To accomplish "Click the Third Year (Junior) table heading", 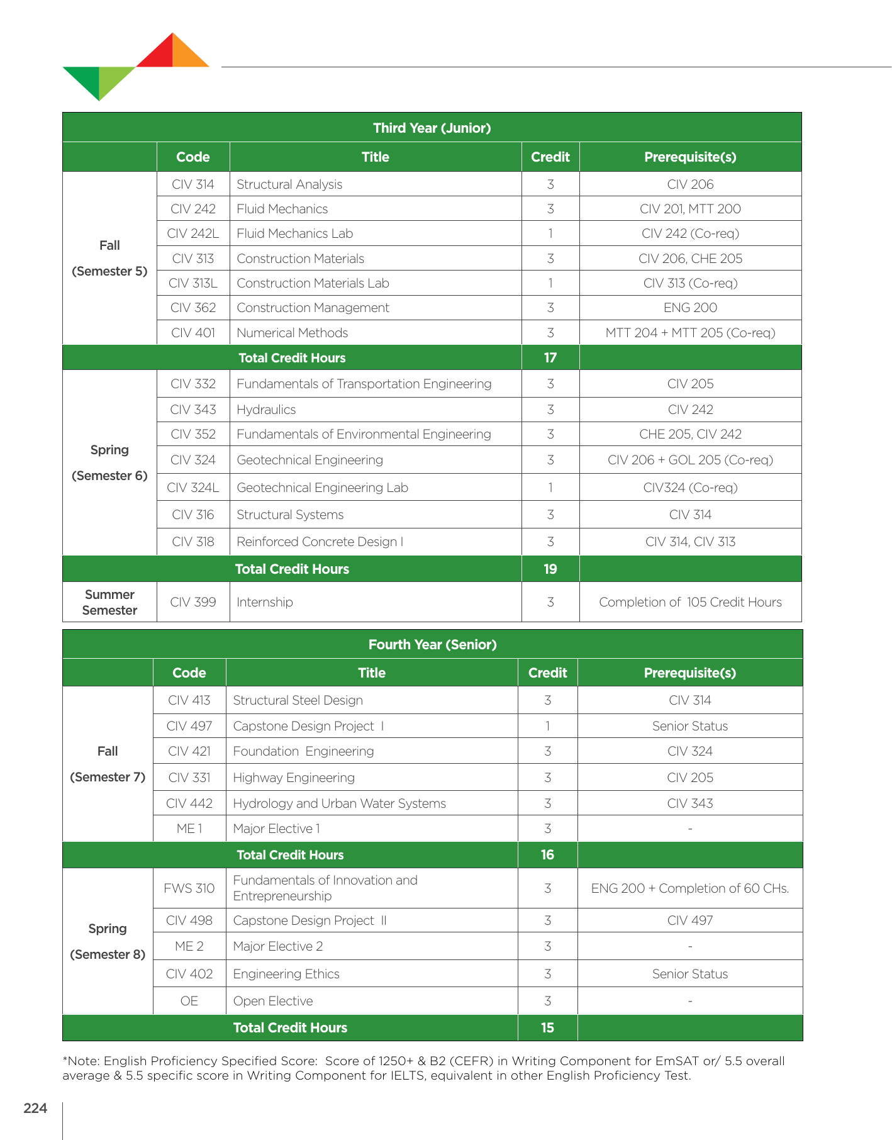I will click(432, 128).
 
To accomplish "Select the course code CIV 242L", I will click(193, 233).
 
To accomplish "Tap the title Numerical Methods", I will click(292, 333).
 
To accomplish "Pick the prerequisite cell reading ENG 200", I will click(690, 308).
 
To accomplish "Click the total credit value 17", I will click(550, 357).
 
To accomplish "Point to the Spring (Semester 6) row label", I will click(109, 462).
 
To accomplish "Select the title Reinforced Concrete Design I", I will click(320, 542).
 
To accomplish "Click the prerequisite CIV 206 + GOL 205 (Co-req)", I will click(690, 460).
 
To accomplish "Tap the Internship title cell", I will click(265, 602).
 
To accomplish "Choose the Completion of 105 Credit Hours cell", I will click(690, 602).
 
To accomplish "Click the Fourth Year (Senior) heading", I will click(432, 644).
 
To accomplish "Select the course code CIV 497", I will click(189, 726).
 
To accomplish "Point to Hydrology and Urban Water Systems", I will click(339, 803).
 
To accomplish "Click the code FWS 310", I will click(189, 888).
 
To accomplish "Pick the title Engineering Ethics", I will click(286, 974).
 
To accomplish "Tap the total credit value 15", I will click(547, 1027).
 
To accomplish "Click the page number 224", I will click(35, 1108).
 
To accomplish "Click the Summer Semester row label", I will click(109, 602).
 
